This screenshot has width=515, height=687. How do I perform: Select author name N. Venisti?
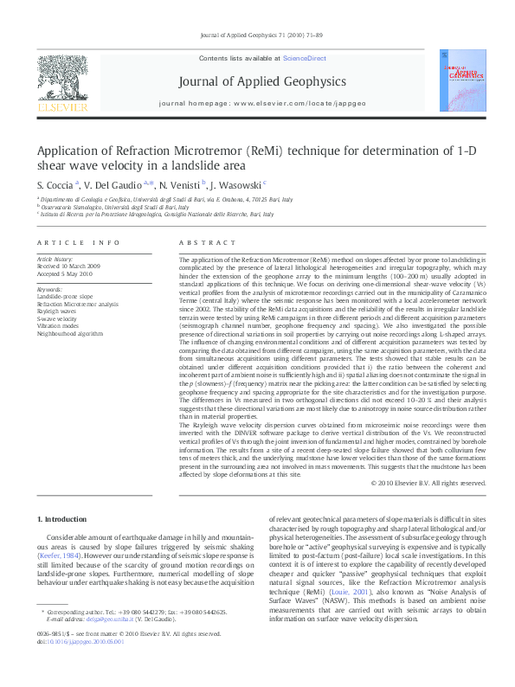pyautogui.click(x=180, y=184)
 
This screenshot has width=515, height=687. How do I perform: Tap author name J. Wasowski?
pyautogui.click(x=237, y=184)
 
